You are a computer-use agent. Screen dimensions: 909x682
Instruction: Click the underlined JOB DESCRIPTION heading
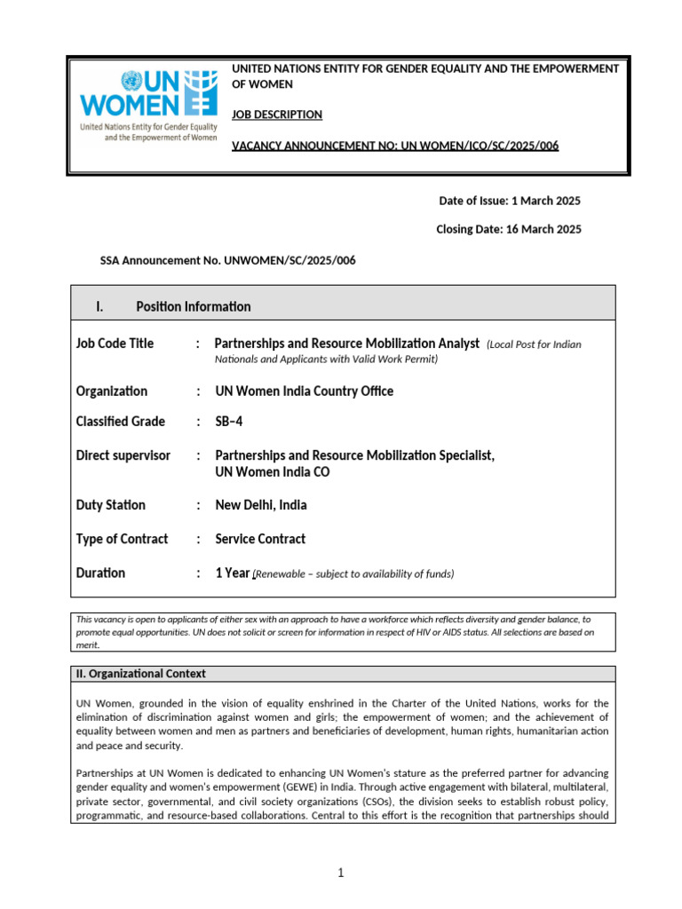pyautogui.click(x=276, y=115)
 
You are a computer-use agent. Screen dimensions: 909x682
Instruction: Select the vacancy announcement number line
pyautogui.click(x=395, y=146)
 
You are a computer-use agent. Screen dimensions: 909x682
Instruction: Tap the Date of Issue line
pyautogui.click(x=510, y=201)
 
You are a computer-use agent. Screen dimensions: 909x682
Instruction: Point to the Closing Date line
pyautogui.click(x=508, y=229)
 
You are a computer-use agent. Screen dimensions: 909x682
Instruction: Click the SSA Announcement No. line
pyautogui.click(x=228, y=260)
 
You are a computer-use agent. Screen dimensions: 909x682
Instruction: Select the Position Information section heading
pyautogui.click(x=193, y=306)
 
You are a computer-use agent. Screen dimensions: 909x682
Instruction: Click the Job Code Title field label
pyautogui.click(x=115, y=344)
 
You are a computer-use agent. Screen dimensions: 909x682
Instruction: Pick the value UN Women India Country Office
pyautogui.click(x=304, y=391)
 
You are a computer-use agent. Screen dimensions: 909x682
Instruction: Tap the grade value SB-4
pyautogui.click(x=229, y=422)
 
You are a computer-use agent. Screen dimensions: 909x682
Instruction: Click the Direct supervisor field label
pyautogui.click(x=123, y=455)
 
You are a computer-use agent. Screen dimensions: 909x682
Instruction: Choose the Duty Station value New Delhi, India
pyautogui.click(x=261, y=505)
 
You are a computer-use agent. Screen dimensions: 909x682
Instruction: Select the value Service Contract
pyautogui.click(x=260, y=539)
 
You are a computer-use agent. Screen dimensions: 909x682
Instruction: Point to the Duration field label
pyautogui.click(x=100, y=573)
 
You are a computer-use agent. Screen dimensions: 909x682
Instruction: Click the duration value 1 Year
pyautogui.click(x=233, y=573)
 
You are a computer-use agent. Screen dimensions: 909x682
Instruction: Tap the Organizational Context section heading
pyautogui.click(x=142, y=674)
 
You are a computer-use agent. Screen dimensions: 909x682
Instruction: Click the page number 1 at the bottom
pyautogui.click(x=340, y=873)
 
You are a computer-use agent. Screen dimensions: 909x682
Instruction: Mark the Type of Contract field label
pyautogui.click(x=122, y=539)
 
